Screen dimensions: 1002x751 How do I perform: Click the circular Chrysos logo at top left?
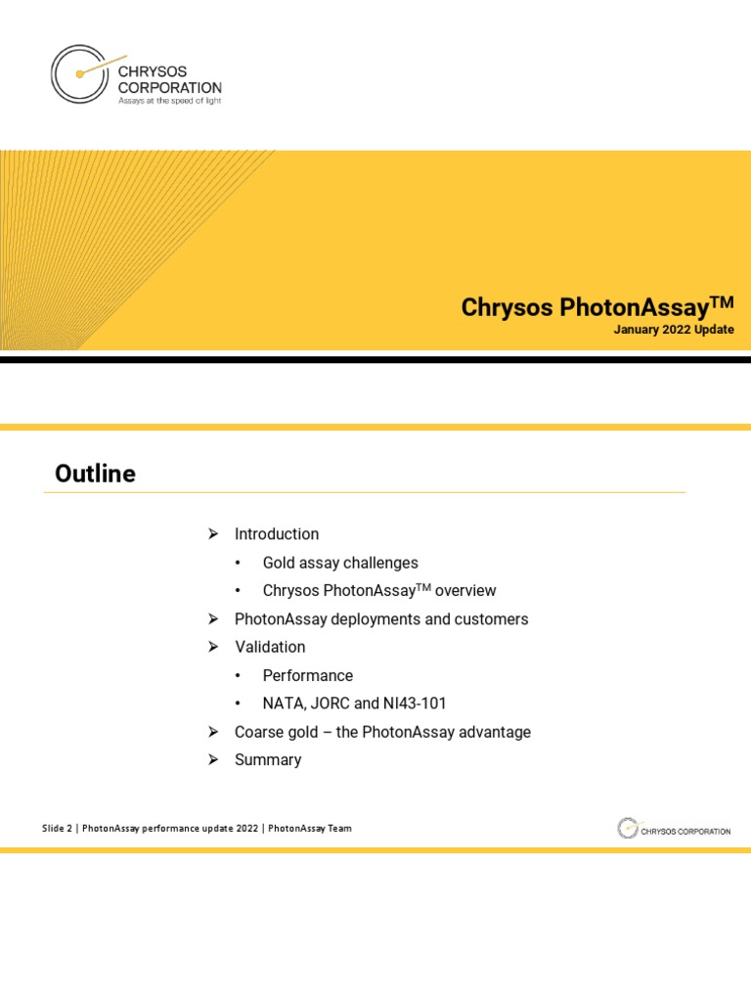[79, 73]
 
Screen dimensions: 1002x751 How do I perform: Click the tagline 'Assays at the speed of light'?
[169, 101]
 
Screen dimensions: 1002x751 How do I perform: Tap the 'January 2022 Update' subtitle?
[674, 330]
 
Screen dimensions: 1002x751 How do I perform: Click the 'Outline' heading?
[95, 475]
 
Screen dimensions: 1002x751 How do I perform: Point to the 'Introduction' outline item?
[277, 534]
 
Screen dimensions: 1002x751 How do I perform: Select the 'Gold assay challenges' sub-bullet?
[340, 563]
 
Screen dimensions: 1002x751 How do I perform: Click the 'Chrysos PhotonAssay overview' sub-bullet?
[379, 591]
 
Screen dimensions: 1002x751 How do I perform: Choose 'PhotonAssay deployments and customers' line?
[381, 619]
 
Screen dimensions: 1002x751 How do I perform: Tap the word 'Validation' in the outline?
[270, 647]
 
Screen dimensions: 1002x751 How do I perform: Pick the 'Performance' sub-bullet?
[308, 675]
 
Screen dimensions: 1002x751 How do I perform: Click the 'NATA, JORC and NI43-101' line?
[355, 704]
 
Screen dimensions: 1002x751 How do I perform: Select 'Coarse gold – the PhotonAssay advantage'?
[382, 732]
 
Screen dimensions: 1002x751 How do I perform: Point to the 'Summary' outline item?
[268, 760]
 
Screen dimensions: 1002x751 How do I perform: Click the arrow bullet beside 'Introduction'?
[212, 534]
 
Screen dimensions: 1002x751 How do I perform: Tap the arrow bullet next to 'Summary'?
[212, 760]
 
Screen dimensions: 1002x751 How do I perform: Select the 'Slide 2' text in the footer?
[57, 829]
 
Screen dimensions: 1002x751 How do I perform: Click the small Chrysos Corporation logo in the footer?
[674, 830]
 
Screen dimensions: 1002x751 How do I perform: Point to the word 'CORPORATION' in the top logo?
[169, 87]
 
